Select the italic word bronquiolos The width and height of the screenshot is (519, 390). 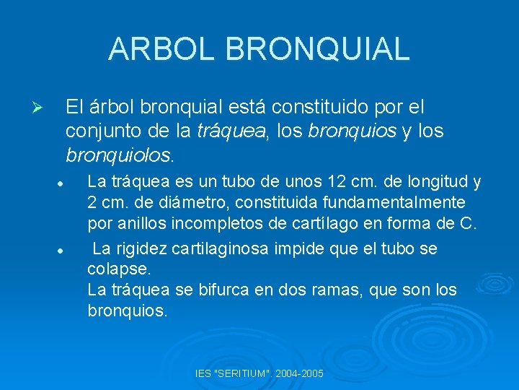coord(118,155)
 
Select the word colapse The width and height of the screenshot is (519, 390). coord(119,269)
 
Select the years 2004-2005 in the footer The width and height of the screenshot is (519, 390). coord(301,374)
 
